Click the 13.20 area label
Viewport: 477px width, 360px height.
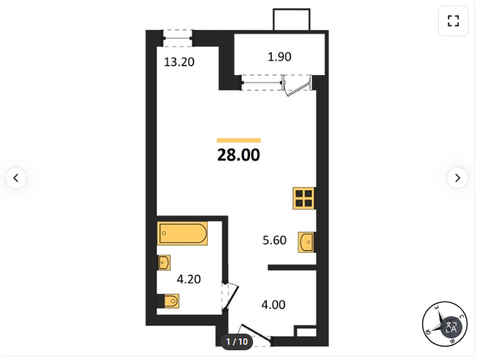[x=179, y=62]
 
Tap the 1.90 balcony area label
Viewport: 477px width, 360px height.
[x=280, y=57]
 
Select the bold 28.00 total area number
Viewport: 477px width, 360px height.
[x=239, y=155]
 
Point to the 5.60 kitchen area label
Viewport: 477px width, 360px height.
[x=275, y=240]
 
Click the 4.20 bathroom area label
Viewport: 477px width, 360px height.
[x=188, y=279]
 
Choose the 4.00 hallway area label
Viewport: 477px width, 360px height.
[x=273, y=304]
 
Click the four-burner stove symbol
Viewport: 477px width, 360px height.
[x=304, y=198]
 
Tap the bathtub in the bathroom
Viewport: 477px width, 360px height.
[x=182, y=234]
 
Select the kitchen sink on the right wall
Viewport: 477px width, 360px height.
[x=307, y=243]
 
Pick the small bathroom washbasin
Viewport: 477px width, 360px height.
[x=163, y=263]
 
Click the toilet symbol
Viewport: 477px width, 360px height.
[x=168, y=301]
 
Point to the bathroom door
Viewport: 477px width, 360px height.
[x=232, y=297]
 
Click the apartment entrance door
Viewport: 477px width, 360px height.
[x=255, y=334]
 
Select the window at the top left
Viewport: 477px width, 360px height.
[x=178, y=38]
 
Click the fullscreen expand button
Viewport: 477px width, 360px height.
[x=453, y=21]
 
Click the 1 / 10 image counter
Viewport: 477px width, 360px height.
[x=236, y=342]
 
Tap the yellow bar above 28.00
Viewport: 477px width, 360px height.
[x=239, y=140]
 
